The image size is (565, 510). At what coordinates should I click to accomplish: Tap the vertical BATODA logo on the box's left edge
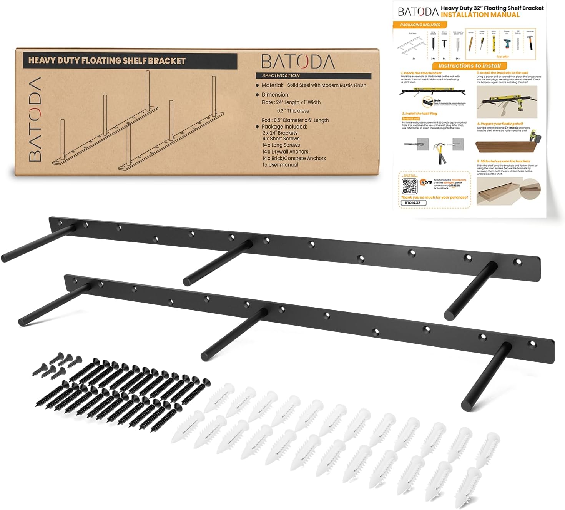pos(35,119)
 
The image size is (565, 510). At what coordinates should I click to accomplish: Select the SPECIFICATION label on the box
pos(281,75)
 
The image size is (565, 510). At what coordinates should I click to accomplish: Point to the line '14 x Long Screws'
pos(281,145)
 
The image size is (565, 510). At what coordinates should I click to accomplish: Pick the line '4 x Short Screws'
pos(281,139)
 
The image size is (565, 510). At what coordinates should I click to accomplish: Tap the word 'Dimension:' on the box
pos(275,95)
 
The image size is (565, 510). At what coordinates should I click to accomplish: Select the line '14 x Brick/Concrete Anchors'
pos(294,158)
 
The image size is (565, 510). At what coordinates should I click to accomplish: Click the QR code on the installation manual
pos(409,186)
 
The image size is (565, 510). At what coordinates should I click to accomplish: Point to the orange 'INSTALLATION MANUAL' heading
pos(480,15)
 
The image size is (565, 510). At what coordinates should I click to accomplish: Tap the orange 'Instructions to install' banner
pos(469,66)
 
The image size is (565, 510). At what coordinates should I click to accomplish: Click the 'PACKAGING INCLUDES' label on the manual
pos(420,25)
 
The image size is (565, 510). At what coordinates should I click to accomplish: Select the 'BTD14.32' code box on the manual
pos(413,203)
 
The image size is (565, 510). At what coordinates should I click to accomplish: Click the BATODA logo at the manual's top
pos(418,12)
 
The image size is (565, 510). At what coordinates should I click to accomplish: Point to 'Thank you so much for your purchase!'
pos(434,197)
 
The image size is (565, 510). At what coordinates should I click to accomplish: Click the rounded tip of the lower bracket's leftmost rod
pos(23,320)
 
